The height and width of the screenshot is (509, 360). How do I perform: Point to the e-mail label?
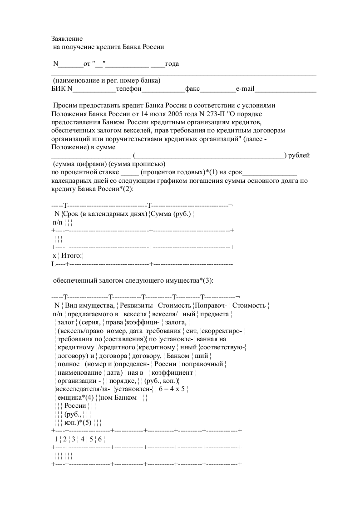tap(244, 89)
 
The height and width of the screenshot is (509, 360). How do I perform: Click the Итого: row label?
tap(72, 256)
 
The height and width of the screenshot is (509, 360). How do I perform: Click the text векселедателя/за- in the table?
tap(82, 389)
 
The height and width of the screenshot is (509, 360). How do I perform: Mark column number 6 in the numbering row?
tap(99, 439)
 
